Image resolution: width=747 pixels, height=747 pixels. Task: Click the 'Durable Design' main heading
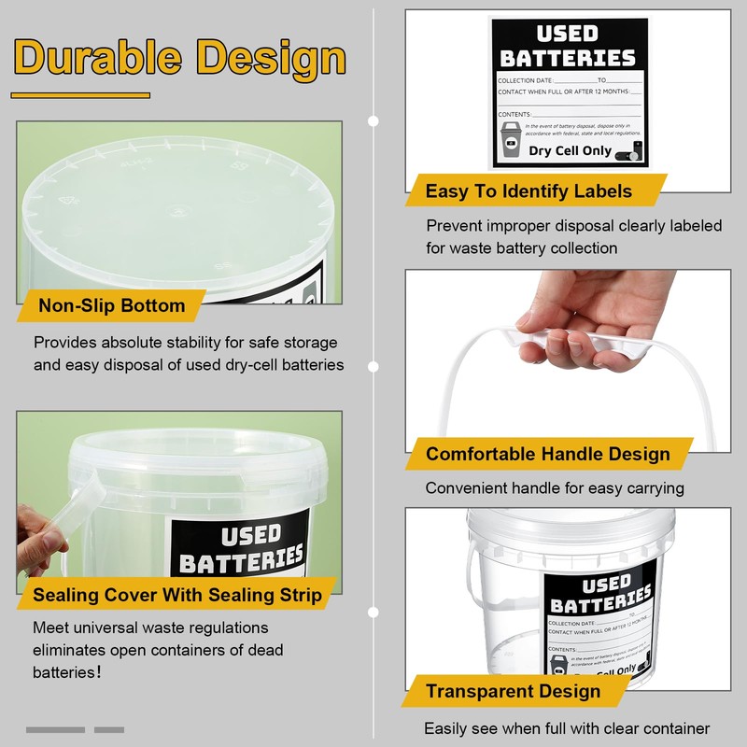click(180, 58)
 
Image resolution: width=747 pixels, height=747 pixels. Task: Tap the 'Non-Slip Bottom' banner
click(112, 305)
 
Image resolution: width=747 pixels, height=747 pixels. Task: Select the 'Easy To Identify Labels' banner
click(529, 191)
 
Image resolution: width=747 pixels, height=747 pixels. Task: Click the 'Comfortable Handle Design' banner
click(548, 455)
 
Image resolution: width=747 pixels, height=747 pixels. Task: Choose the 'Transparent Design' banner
click(513, 692)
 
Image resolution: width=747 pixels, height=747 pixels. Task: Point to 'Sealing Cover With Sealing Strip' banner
click(176, 595)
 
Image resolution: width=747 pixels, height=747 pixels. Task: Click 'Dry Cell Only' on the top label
click(570, 150)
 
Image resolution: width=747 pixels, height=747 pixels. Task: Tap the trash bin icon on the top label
click(511, 139)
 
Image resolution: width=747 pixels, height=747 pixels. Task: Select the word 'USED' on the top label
click(568, 35)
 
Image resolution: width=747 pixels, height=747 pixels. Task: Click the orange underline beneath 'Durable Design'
click(80, 94)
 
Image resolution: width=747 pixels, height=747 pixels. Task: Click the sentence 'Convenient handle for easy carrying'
click(555, 488)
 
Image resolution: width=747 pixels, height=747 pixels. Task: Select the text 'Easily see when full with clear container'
click(567, 728)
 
